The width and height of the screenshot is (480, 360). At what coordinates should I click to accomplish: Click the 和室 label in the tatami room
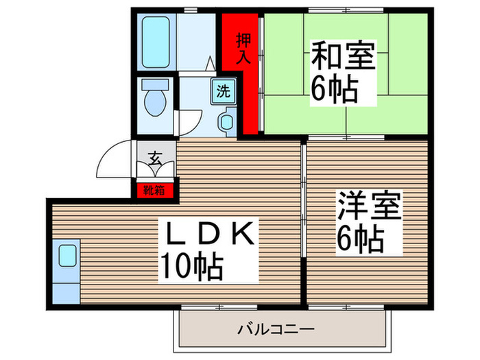coord(343,56)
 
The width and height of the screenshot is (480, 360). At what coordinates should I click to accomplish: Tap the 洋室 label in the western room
coord(368,206)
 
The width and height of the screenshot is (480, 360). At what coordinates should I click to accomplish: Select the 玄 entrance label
coord(155,160)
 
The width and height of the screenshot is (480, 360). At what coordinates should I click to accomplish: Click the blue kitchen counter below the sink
coord(66,289)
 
